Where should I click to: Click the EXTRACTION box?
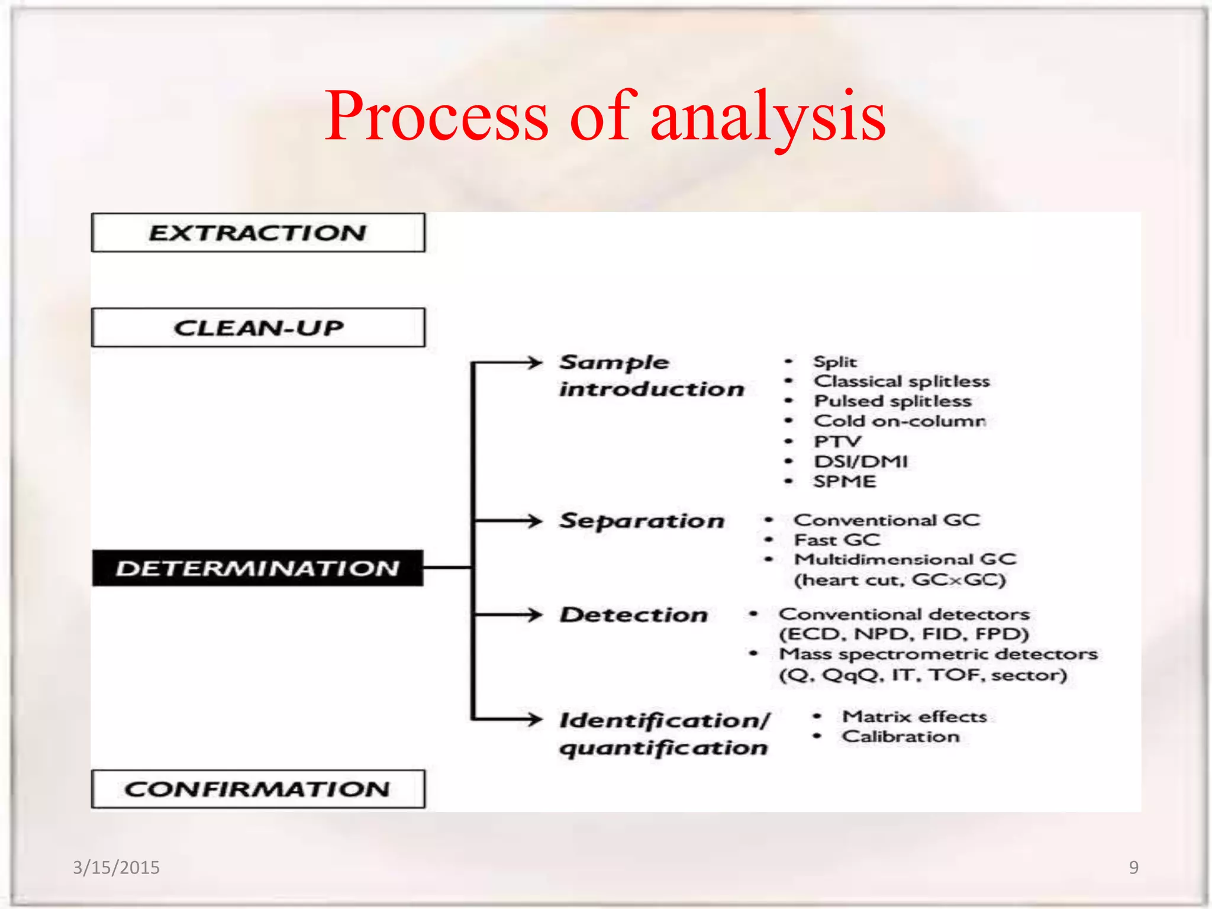coord(258,233)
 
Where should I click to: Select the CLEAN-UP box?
coord(258,327)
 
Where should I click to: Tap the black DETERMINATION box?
coord(258,568)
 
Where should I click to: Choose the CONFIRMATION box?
coord(258,789)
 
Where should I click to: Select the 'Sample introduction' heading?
coord(651,375)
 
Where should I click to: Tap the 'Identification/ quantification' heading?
coord(664,734)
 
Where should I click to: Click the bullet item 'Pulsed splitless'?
coord(892,401)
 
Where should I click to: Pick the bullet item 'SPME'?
coord(844,481)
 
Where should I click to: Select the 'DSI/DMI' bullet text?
coord(860,461)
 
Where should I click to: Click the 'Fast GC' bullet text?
coord(837,540)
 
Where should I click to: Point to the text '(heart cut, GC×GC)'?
coord(900,579)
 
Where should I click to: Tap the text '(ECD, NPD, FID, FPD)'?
coord(904,634)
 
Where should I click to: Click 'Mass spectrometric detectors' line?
coord(938,654)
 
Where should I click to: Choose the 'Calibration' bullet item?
coord(900,737)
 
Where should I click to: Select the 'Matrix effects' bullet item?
coord(914,717)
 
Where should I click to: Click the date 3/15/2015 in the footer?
coord(116,868)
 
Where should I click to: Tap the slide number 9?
coord(1133,868)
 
